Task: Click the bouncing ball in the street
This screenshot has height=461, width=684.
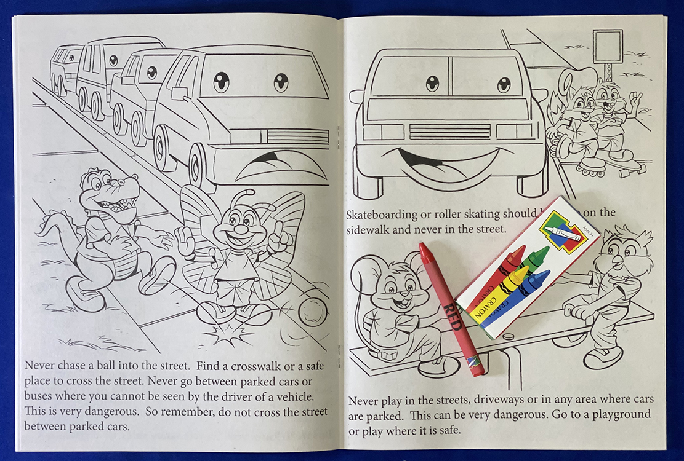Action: (x=312, y=312)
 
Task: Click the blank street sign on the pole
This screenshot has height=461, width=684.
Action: (x=608, y=45)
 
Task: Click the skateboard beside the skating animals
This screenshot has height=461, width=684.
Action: (x=629, y=166)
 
